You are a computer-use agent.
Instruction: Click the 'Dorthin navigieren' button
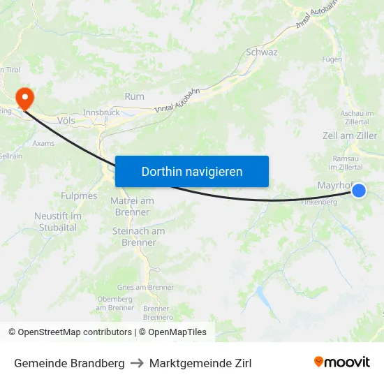click(x=192, y=171)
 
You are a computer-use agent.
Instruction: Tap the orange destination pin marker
click(x=24, y=98)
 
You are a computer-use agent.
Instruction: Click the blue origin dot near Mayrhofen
click(x=359, y=190)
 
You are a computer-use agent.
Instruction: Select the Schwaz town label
click(x=262, y=52)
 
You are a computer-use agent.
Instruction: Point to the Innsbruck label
click(x=101, y=112)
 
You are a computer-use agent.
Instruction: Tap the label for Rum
click(x=134, y=96)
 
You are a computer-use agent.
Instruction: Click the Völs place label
click(x=66, y=120)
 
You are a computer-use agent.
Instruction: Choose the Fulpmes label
click(x=79, y=196)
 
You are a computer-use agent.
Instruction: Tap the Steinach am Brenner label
click(x=138, y=237)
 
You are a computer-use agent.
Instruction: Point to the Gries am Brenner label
click(x=146, y=288)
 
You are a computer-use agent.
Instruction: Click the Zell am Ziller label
click(x=350, y=135)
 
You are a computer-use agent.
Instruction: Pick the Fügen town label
click(x=332, y=59)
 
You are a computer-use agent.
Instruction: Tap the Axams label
click(x=43, y=143)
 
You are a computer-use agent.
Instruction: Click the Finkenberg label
click(x=318, y=202)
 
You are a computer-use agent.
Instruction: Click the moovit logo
click(x=341, y=362)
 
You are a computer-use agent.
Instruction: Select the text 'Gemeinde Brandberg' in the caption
click(x=69, y=363)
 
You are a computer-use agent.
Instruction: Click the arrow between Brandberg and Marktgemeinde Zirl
click(x=135, y=363)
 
